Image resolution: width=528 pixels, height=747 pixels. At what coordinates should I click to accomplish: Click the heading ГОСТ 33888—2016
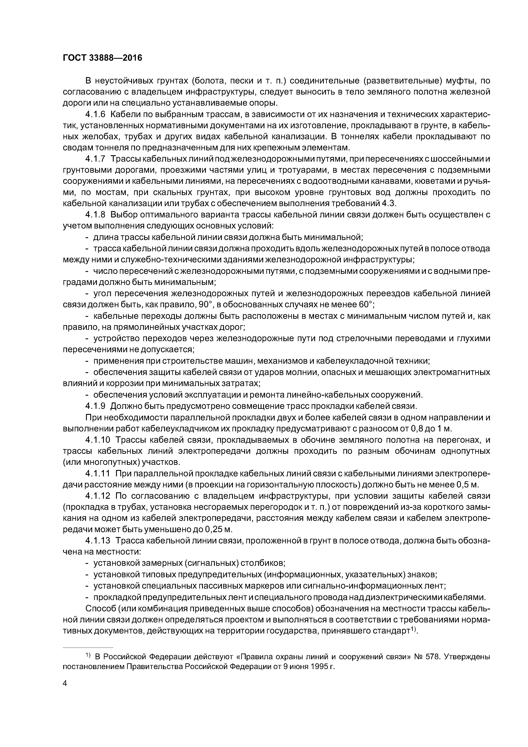pos(102,58)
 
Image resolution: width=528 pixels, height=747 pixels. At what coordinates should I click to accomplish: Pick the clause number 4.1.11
pos(98,473)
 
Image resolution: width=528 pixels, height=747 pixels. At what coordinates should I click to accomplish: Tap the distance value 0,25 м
pos(219,529)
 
